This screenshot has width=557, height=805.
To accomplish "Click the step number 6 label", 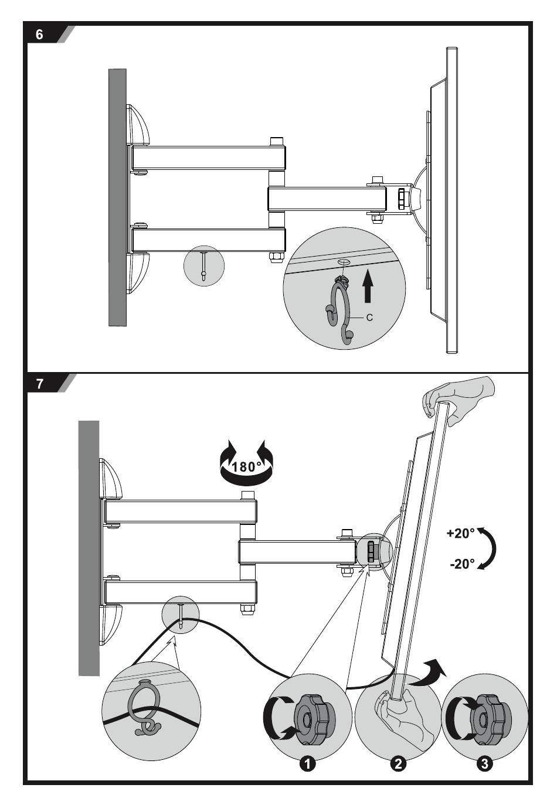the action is pos(40,35).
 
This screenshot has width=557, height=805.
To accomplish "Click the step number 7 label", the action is pos(40,384).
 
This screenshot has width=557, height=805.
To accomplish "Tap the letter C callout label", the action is pos(369,317).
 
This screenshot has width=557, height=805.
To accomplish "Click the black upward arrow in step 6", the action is pos(367,285).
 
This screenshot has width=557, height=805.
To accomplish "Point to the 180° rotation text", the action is pos(247,467).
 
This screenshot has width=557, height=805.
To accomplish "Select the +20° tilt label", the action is pos(460,533).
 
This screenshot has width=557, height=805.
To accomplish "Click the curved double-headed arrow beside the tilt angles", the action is pos(490,548).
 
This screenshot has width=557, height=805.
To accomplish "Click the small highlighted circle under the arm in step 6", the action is pos(203,266).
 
